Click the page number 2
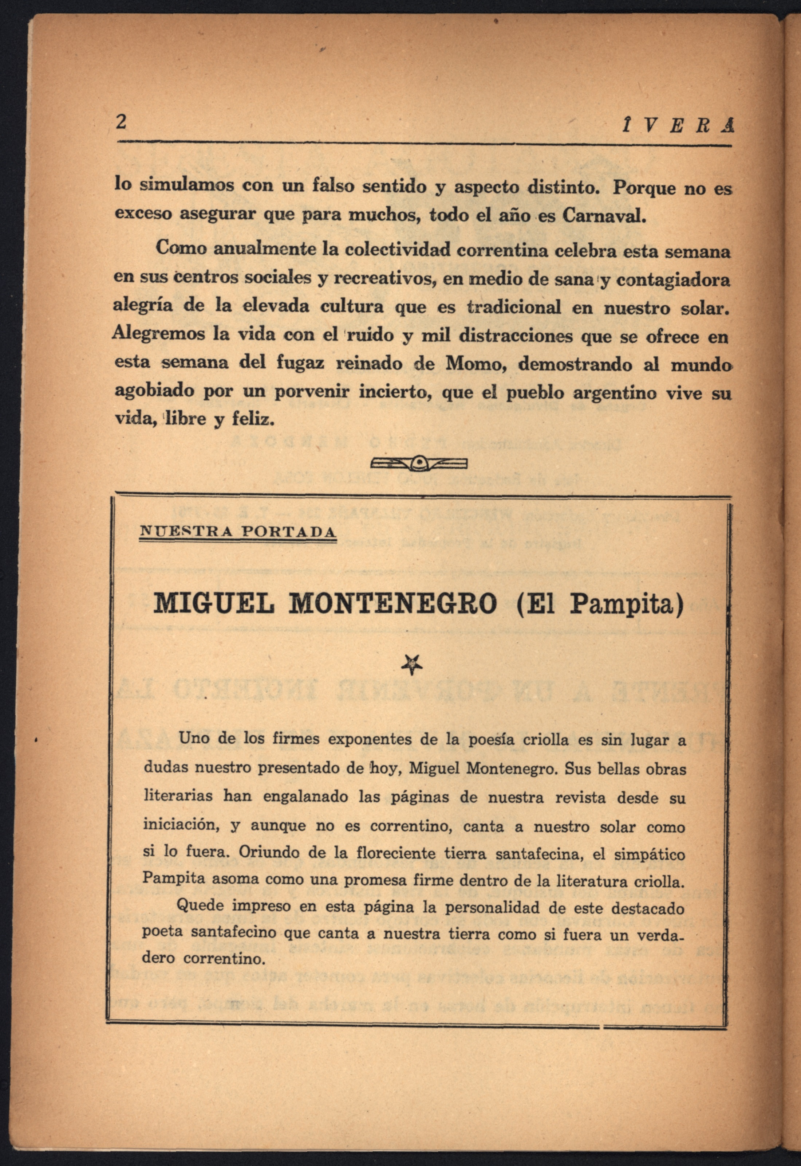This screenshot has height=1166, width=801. point(121,122)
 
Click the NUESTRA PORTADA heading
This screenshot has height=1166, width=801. point(237,532)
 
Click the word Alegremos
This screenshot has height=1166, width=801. point(159,334)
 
